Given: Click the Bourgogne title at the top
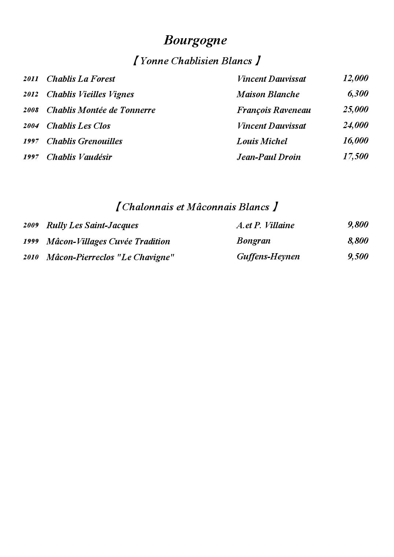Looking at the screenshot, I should point(195,40).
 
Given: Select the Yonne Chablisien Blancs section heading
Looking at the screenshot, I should point(196,61).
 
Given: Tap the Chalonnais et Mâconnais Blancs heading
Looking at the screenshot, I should point(196,207).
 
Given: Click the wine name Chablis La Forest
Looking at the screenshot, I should point(81,79).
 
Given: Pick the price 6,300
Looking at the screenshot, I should point(358,94).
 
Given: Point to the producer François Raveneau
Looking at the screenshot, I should point(273,110).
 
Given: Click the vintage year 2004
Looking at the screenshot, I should point(31,126).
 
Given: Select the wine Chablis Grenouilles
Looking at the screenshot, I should point(84,141).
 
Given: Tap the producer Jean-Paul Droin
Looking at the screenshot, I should point(268,157).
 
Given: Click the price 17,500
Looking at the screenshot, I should point(356,156).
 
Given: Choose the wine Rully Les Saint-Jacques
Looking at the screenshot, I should point(92,225).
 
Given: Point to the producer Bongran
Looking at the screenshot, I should point(253,241).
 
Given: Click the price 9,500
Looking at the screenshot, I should point(358,256).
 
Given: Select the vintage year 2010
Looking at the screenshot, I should point(31,257).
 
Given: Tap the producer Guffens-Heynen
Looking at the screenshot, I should point(268,256).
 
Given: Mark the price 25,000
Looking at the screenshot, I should point(356,109).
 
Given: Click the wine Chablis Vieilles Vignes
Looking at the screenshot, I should point(90,94).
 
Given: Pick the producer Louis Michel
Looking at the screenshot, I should point(262,141).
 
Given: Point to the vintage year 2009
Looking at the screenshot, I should point(31,225).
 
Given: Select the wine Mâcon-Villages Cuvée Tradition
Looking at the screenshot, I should point(108,241).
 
